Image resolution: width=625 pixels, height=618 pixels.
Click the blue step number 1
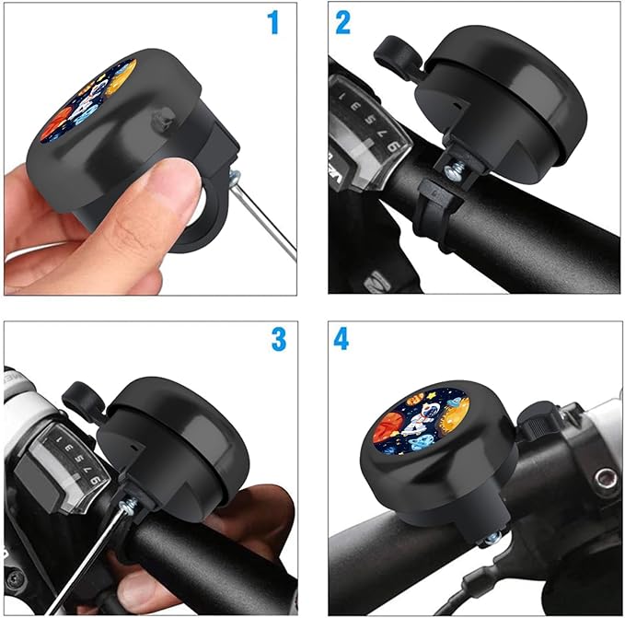272,22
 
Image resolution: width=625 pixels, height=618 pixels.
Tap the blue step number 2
343,22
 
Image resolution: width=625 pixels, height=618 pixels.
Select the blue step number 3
278,339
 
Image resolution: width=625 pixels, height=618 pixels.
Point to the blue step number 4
341,340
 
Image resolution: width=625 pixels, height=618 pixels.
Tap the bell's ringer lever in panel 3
81,397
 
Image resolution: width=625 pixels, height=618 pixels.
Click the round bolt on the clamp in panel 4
605,478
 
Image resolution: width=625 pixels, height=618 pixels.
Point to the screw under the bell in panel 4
492,540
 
